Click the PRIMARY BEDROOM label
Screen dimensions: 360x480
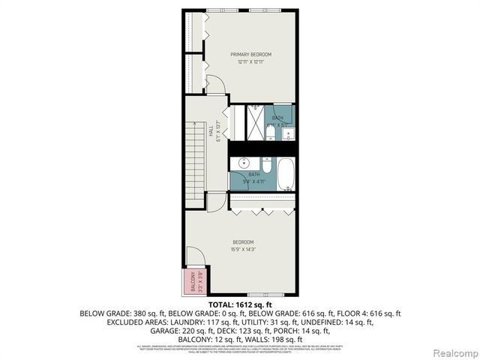tap(250, 55)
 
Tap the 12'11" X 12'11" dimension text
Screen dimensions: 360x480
tap(250, 62)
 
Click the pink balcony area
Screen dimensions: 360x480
tap(192, 281)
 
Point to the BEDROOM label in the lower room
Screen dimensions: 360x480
tap(244, 242)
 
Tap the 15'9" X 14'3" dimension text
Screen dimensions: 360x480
tap(244, 250)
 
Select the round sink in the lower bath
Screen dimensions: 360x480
tap(244, 163)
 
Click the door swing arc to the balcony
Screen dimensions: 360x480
tap(192, 258)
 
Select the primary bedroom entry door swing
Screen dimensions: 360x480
tap(216, 84)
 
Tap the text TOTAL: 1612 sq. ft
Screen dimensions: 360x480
tap(239, 304)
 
